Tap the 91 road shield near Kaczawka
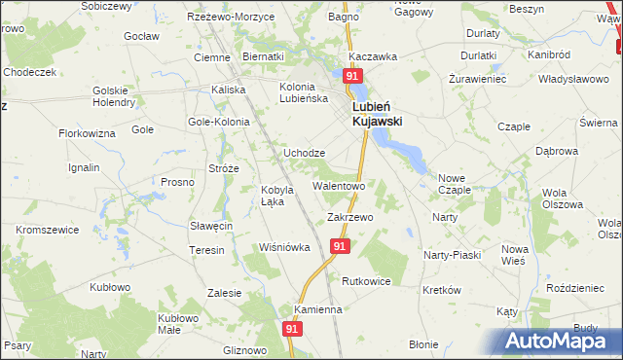coord(353,76)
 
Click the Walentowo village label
coord(338,185)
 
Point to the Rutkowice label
coord(366,281)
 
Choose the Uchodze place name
coord(304,154)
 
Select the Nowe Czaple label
coord(454,184)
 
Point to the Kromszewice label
coord(47,229)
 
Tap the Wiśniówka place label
coord(284,247)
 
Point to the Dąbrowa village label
coord(556,152)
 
